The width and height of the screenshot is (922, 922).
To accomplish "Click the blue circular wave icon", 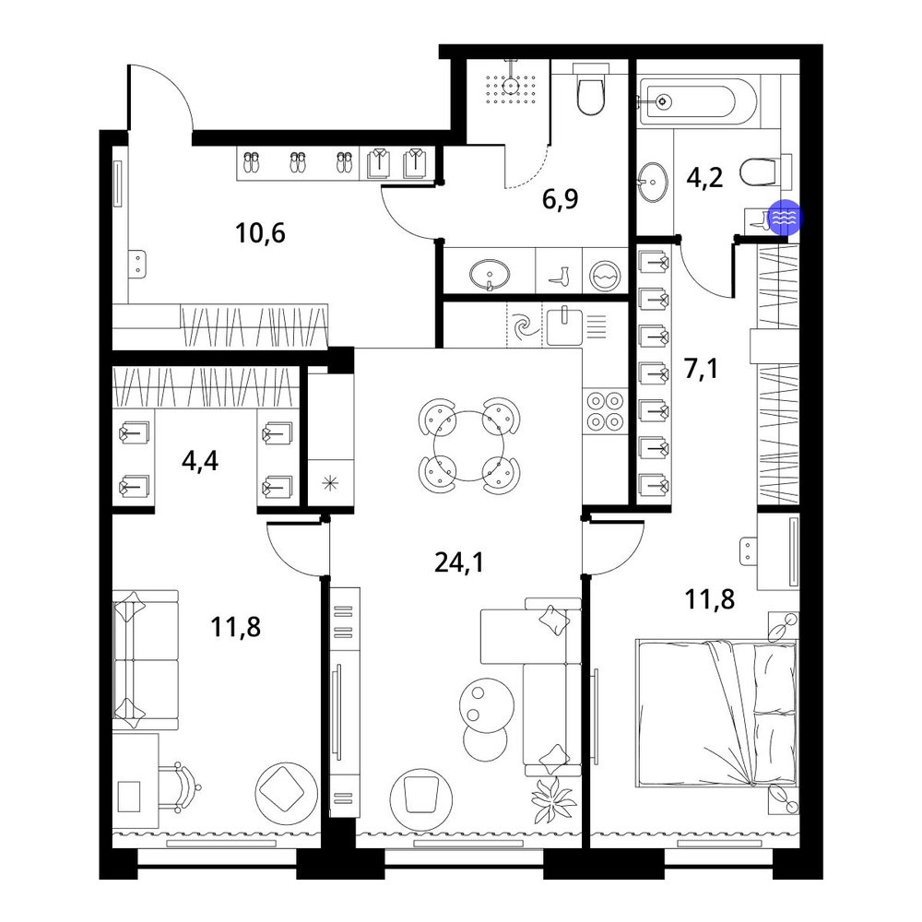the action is tap(786, 218).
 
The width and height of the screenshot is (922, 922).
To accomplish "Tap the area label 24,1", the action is tap(459, 562).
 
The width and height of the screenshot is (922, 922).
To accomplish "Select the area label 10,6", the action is tap(260, 233).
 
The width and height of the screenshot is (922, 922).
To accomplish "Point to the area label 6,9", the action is tap(560, 199).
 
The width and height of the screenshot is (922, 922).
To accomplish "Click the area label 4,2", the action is tap(704, 177).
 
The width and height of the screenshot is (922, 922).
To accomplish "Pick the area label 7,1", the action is tap(701, 370).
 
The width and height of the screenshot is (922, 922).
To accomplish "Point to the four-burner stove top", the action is tap(606, 411).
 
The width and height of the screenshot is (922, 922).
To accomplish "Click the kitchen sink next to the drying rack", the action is tap(564, 325).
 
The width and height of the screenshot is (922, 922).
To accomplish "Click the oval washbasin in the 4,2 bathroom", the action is tap(654, 183).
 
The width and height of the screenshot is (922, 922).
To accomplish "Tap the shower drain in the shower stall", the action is tap(512, 85).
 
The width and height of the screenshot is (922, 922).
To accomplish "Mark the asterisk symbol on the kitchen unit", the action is tap(330, 483).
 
